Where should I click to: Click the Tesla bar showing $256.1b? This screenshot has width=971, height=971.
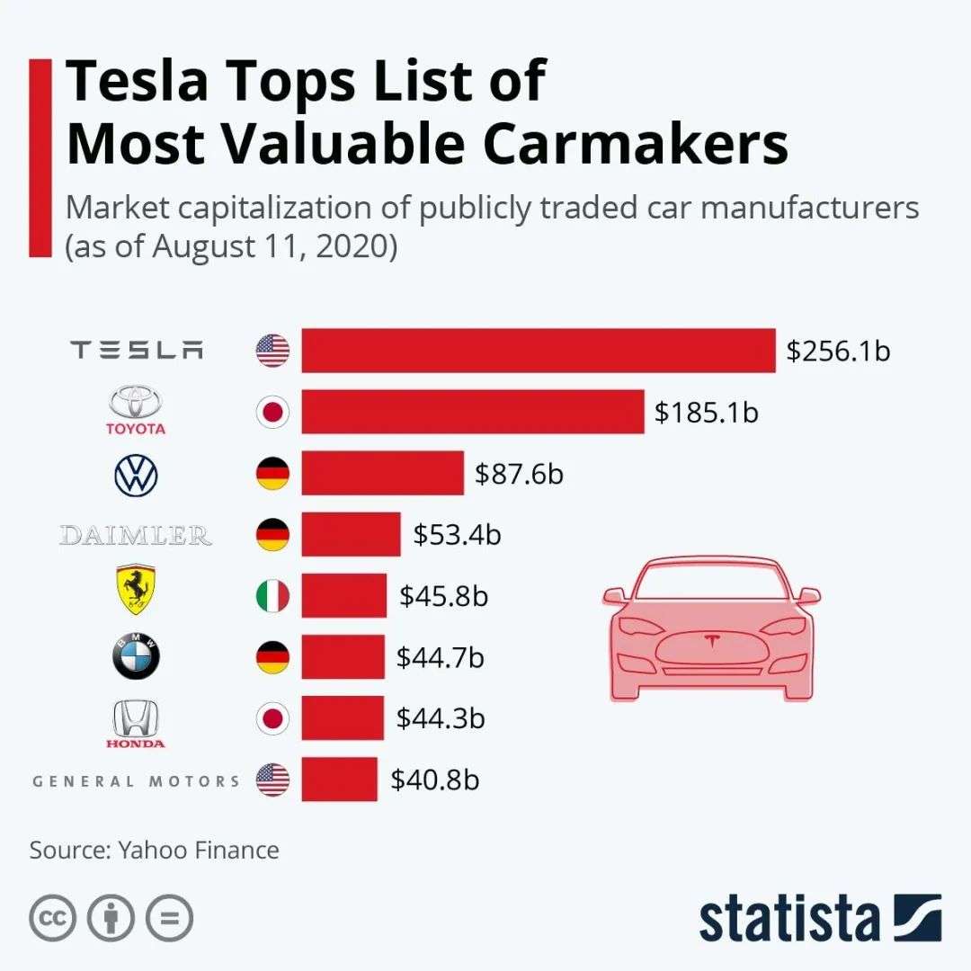click(x=538, y=351)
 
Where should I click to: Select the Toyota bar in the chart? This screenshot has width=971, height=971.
click(x=472, y=412)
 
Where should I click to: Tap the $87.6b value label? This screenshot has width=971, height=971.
click(x=520, y=473)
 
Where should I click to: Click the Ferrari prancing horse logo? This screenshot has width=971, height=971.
click(x=136, y=591)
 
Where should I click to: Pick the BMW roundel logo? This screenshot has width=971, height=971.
click(x=136, y=657)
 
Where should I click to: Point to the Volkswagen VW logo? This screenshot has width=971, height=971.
click(x=136, y=474)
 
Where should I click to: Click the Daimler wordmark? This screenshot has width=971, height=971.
click(x=136, y=536)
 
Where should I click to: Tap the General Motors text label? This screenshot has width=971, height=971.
click(x=137, y=780)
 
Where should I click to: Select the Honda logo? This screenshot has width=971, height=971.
click(x=136, y=725)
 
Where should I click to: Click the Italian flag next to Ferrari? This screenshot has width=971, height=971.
click(x=272, y=595)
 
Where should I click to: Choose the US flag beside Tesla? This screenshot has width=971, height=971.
click(x=272, y=351)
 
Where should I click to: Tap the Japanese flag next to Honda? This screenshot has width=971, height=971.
click(x=272, y=718)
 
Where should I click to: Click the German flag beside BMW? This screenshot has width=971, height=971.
click(x=272, y=657)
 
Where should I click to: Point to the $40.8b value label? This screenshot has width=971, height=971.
click(x=435, y=779)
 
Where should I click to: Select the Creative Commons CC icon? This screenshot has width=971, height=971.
click(x=51, y=917)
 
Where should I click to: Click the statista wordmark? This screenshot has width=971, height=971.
click(x=791, y=919)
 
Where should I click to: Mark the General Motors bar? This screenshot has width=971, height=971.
click(x=339, y=779)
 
